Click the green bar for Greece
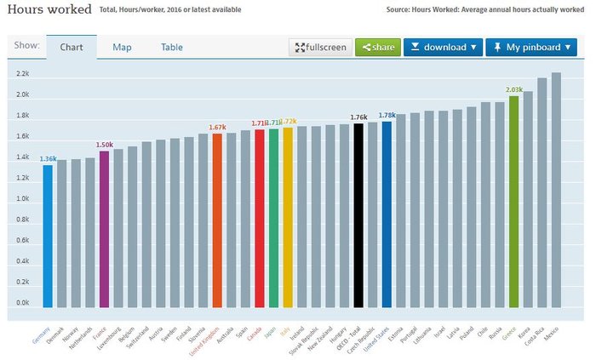(513, 201)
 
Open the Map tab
(122, 47)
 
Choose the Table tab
(172, 47)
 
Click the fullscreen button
(320, 47)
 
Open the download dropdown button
(443, 47)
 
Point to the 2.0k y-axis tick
(22, 94)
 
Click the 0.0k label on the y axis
(22, 303)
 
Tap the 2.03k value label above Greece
(514, 89)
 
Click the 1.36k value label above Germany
(49, 158)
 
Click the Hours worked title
(42, 9)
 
